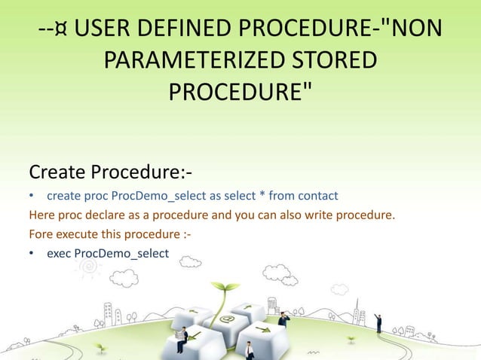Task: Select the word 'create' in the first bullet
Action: click(63, 197)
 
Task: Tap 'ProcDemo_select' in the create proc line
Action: click(164, 197)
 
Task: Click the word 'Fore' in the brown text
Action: click(40, 235)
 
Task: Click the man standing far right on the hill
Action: click(378, 323)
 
